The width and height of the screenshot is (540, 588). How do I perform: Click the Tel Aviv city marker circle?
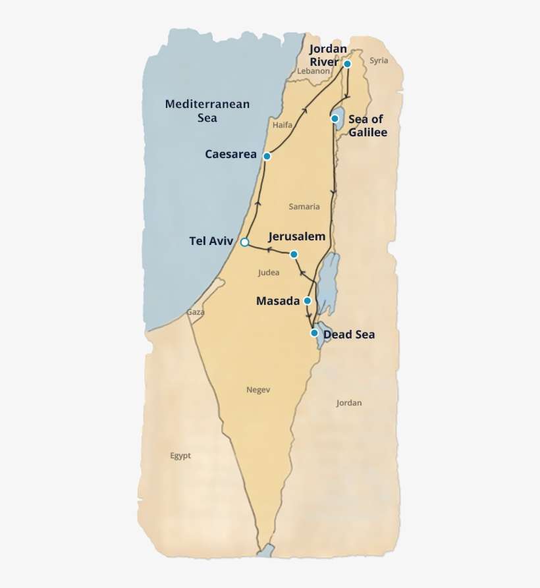(x=244, y=242)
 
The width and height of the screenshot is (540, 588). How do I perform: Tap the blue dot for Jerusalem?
(x=294, y=254)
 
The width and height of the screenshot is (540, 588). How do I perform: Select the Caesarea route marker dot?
(x=267, y=156)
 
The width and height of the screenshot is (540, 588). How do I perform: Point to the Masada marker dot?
(x=307, y=301)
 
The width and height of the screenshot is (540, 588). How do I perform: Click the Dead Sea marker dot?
(x=314, y=333)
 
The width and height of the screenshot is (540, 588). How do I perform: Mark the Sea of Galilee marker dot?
(x=335, y=119)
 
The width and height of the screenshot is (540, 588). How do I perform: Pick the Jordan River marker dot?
(x=347, y=64)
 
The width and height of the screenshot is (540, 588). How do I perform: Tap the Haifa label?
(x=282, y=124)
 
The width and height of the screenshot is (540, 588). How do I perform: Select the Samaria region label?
(x=304, y=207)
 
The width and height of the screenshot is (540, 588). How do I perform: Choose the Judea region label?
(x=269, y=272)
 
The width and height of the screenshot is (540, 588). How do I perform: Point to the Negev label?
(x=258, y=390)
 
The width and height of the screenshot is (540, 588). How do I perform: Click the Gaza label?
(x=196, y=312)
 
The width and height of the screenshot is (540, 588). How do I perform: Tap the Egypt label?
(x=180, y=456)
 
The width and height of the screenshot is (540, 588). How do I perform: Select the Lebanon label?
(x=313, y=71)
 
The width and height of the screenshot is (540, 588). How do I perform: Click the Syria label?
(x=379, y=61)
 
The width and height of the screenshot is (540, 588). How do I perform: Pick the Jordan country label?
(x=348, y=403)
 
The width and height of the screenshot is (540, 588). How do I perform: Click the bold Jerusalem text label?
(x=297, y=236)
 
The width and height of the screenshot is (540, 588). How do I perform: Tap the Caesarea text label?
(x=230, y=155)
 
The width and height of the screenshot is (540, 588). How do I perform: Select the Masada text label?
(x=278, y=301)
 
